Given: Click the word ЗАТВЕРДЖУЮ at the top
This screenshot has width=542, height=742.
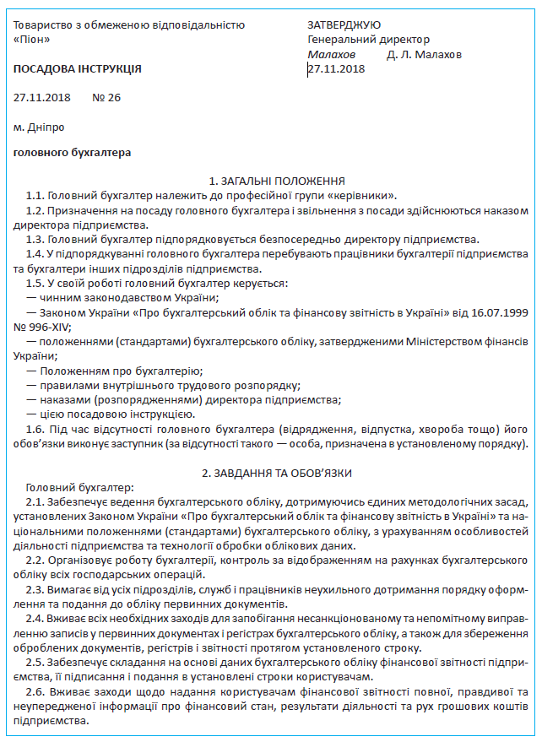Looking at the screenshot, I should [344, 25].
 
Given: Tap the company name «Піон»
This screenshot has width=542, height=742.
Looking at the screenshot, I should [33, 40].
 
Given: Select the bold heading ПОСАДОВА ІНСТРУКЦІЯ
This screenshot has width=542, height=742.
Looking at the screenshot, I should [78, 68].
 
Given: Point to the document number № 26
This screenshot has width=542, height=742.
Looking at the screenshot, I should [106, 97].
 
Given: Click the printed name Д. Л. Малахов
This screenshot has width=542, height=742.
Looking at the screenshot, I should [424, 54].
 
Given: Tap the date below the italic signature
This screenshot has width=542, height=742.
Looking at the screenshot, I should [337, 68].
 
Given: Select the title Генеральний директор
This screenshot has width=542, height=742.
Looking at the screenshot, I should [369, 40].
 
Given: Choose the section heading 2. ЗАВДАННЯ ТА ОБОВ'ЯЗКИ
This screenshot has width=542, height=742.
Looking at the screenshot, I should [276, 474].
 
